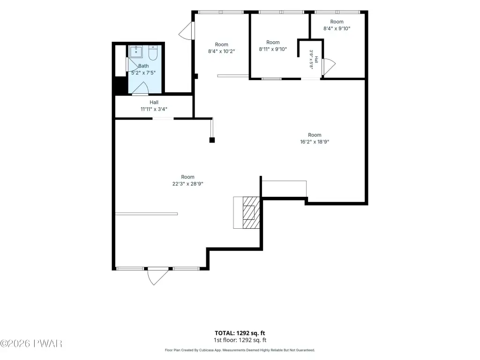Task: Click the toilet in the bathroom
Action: (x=153, y=52)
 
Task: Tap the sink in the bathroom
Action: (x=135, y=52)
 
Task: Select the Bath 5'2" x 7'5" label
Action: (x=143, y=69)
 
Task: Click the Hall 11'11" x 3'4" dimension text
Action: (x=154, y=105)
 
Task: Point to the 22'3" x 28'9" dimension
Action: (x=187, y=184)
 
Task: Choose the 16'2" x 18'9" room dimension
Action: (x=315, y=142)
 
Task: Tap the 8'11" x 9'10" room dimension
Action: (x=273, y=49)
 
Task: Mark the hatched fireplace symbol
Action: (x=251, y=212)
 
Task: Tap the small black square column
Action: (x=212, y=140)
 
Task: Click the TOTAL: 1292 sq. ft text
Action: (x=240, y=333)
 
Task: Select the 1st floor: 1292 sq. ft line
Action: (x=240, y=340)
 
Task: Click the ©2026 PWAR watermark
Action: (x=31, y=344)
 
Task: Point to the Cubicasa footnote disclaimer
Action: (x=240, y=350)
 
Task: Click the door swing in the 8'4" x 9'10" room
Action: (x=329, y=67)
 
